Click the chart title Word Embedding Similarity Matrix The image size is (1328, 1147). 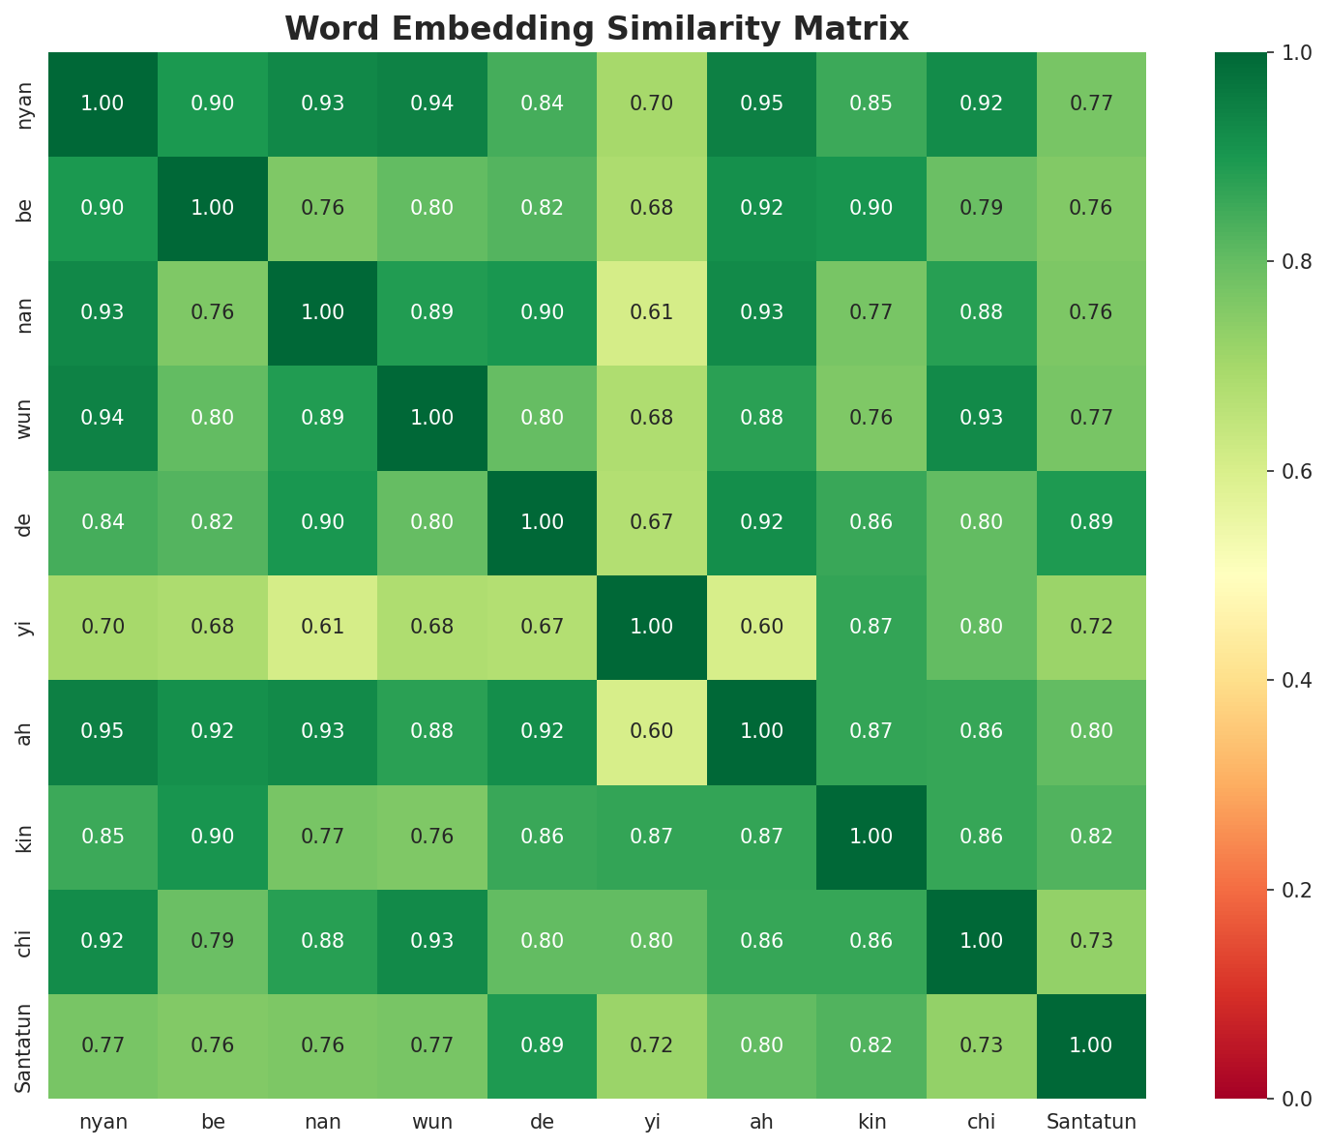[597, 29]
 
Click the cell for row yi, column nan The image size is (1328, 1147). [322, 627]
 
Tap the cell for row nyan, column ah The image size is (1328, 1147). [761, 103]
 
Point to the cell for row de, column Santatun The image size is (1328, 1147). [1091, 522]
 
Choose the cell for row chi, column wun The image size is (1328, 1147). [432, 941]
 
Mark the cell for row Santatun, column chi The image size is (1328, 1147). [981, 1045]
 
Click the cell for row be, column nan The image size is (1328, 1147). [322, 208]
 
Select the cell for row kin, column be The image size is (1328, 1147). [213, 837]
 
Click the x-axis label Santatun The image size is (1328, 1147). [1091, 1122]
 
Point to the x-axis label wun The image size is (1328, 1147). [432, 1122]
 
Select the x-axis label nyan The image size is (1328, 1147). [103, 1122]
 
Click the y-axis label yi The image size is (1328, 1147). [25, 627]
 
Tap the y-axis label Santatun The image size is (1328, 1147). [25, 1047]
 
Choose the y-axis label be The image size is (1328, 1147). [25, 208]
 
